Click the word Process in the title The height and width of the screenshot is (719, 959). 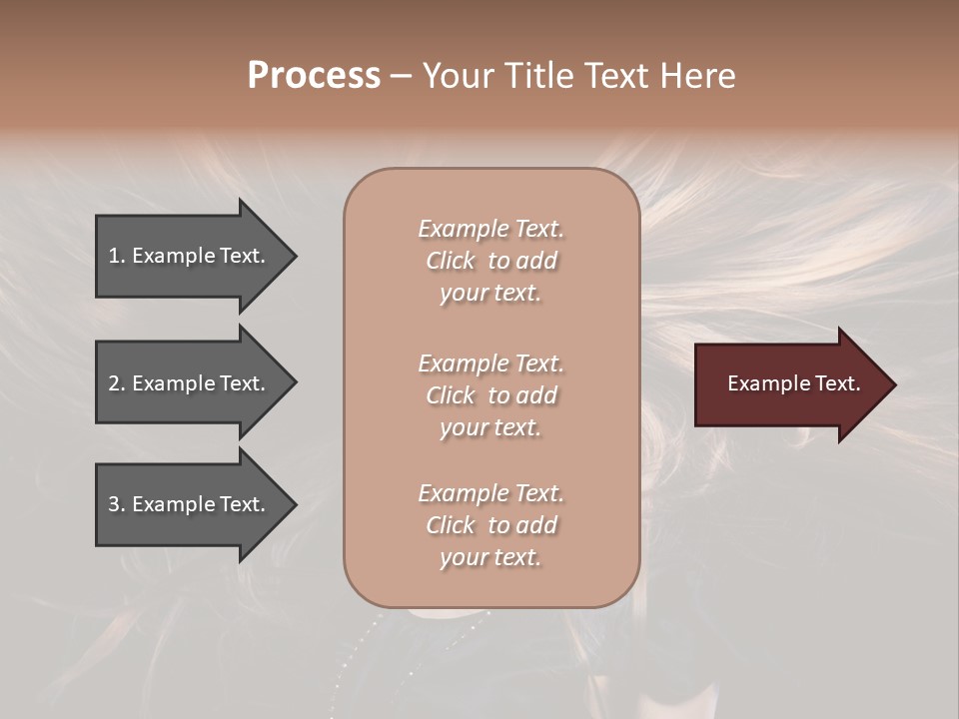pyautogui.click(x=314, y=76)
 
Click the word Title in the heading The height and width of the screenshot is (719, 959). pyautogui.click(x=538, y=76)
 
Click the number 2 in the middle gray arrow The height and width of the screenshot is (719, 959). pyautogui.click(x=114, y=383)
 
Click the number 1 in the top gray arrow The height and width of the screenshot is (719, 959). pyautogui.click(x=114, y=256)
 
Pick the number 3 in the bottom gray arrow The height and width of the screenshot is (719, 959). pyautogui.click(x=114, y=504)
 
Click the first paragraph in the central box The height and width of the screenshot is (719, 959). pyautogui.click(x=490, y=261)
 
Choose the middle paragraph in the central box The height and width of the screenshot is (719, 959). pyautogui.click(x=490, y=395)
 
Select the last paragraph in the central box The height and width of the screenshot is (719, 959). pyautogui.click(x=490, y=525)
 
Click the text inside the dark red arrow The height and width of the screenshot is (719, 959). pyautogui.click(x=793, y=383)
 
